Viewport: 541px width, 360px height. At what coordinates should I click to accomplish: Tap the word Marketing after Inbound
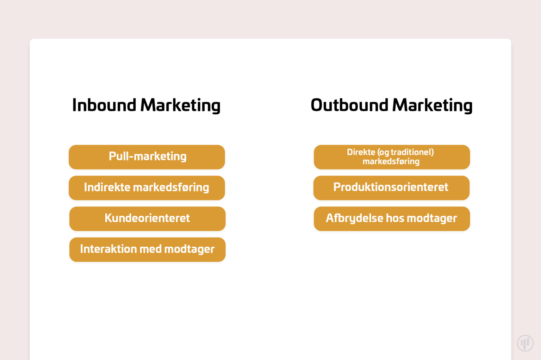point(180,106)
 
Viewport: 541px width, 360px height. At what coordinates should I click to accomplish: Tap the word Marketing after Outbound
point(432,106)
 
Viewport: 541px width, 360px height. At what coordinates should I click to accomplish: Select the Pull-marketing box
point(147,157)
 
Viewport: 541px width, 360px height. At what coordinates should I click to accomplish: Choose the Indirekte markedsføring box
point(147,188)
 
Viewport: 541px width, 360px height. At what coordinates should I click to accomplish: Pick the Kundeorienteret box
point(147,219)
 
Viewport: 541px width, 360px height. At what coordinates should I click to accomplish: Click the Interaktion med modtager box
point(147,250)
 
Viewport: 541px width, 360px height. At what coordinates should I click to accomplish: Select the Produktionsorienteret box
point(392,188)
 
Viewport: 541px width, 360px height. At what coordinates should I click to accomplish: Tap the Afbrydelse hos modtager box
point(392,219)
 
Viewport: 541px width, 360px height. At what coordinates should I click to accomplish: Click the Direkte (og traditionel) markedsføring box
point(392,157)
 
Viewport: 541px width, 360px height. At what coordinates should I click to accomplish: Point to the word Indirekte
point(107,187)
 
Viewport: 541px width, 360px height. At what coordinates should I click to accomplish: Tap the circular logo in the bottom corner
point(525,343)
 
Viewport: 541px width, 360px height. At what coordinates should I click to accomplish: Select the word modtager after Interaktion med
point(189,250)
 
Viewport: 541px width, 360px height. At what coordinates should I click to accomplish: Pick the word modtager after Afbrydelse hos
point(432,219)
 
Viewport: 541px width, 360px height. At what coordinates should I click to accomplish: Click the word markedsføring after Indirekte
point(171,188)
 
